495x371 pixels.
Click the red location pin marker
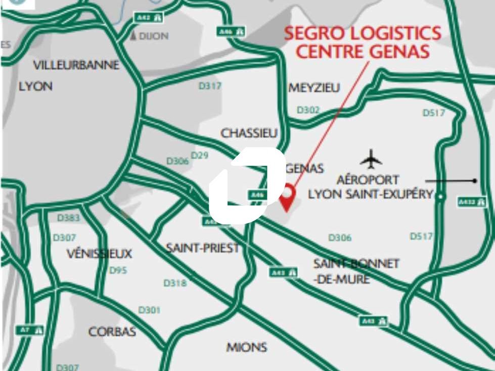(x=288, y=196)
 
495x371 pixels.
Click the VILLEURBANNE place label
(x=76, y=65)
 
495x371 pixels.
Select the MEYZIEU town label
(x=314, y=88)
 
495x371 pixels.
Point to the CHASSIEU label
(x=249, y=133)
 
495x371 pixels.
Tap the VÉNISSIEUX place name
(x=99, y=253)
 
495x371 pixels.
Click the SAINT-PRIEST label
(x=202, y=248)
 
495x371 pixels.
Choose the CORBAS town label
(x=112, y=332)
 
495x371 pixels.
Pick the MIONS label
(x=246, y=347)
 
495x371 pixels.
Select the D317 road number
(x=209, y=86)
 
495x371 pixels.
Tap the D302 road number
(x=308, y=110)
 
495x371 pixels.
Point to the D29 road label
(x=200, y=155)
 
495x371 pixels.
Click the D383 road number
(x=68, y=218)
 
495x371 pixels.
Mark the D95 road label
(x=118, y=270)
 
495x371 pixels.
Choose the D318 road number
(x=175, y=283)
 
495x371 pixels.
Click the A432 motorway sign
(x=472, y=202)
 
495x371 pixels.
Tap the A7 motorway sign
(x=30, y=330)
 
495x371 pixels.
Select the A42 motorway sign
(x=149, y=17)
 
